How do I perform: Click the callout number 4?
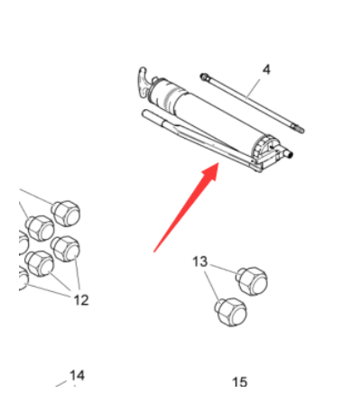267,69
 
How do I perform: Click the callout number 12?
81,299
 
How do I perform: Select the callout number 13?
200,261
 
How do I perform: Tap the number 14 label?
77,375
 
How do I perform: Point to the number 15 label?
240,382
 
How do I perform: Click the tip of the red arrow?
217,166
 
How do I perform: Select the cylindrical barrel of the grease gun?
208,113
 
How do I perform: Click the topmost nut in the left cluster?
66,214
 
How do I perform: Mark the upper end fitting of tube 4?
208,78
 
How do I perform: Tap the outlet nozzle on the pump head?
291,155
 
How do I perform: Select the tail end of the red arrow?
156,250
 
